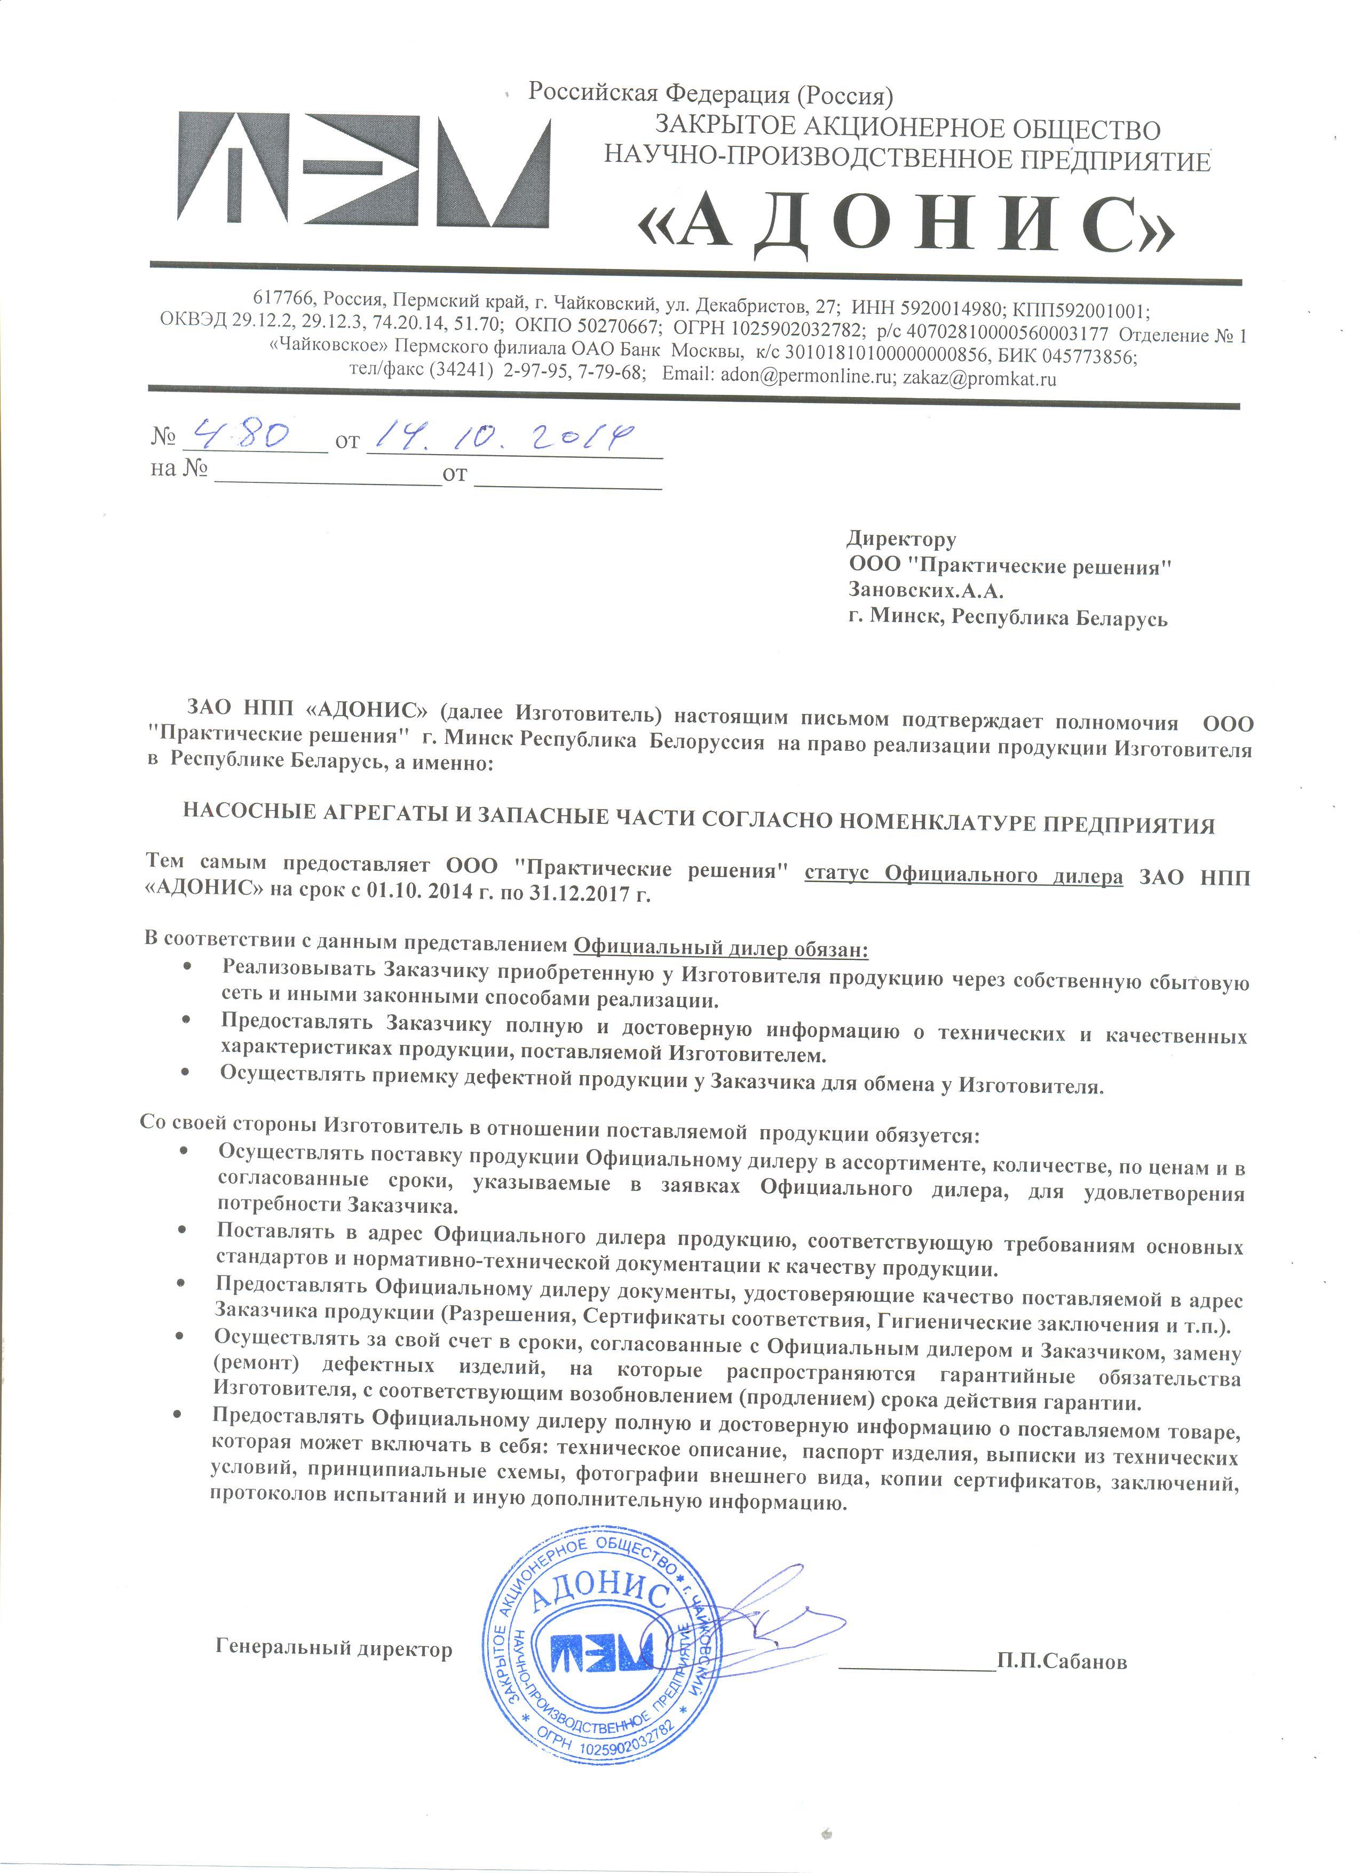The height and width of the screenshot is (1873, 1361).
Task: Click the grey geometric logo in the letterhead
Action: coord(363,169)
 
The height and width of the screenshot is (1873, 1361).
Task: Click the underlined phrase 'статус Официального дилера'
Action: coord(963,875)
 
